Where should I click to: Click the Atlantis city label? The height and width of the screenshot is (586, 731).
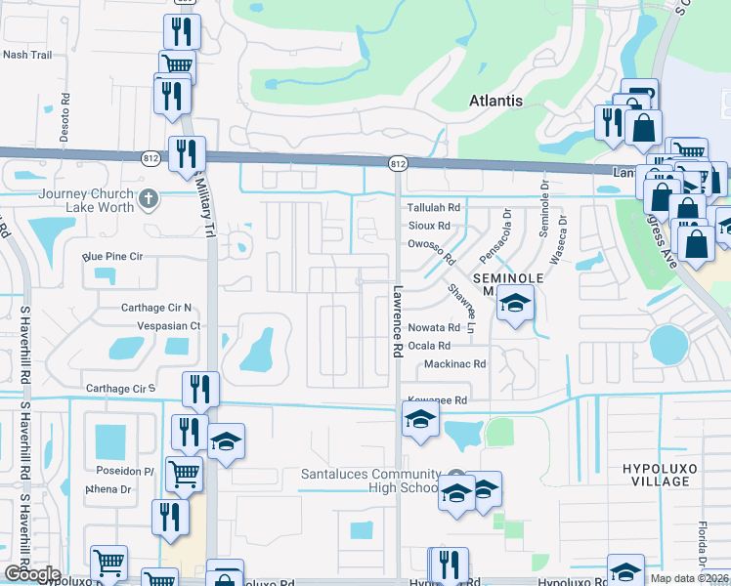tap(495, 101)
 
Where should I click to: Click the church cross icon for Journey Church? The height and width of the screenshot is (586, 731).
tap(148, 200)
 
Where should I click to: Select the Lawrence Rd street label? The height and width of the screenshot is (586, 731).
tap(398, 320)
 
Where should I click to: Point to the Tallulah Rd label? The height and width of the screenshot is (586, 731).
tap(433, 208)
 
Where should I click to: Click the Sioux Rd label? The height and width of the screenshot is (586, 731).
tap(428, 226)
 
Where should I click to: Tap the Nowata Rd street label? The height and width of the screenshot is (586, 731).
tap(434, 328)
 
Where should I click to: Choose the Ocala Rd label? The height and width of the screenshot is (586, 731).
tap(430, 346)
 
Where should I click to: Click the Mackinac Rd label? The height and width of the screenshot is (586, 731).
tap(454, 364)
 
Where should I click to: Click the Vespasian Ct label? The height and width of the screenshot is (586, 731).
tap(168, 325)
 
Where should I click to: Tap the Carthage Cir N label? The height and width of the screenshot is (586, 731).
tap(156, 308)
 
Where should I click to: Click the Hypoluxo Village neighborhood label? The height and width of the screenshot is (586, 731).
tap(660, 475)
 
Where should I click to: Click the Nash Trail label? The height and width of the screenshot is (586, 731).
tap(27, 55)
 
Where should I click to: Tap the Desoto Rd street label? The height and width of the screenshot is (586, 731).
tap(65, 117)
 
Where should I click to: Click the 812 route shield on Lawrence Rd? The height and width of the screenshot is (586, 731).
tap(396, 164)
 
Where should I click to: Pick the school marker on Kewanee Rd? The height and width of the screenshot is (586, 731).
tap(420, 420)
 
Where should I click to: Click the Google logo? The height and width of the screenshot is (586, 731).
tap(31, 575)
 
